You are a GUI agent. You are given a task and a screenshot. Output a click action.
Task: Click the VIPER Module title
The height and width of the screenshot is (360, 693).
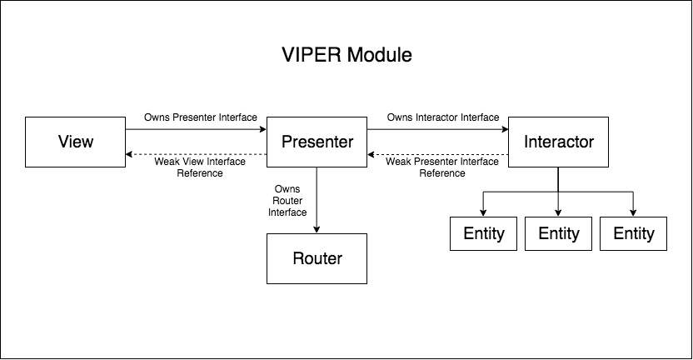[346, 57]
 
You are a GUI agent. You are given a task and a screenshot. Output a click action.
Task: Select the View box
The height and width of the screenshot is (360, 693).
[75, 142]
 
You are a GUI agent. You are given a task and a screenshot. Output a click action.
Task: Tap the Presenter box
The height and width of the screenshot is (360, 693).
[317, 142]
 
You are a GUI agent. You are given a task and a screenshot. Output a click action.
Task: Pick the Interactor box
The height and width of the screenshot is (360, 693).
[558, 142]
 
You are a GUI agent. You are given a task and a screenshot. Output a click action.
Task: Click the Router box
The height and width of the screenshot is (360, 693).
[317, 258]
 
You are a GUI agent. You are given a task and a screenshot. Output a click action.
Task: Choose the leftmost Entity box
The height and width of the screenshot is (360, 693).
[483, 233]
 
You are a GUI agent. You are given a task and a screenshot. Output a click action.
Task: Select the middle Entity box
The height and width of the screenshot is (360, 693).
[558, 233]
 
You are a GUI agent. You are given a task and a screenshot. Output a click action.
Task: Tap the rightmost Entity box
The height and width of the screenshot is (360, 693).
[633, 233]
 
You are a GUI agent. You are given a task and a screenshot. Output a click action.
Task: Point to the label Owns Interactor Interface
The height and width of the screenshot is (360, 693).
[442, 117]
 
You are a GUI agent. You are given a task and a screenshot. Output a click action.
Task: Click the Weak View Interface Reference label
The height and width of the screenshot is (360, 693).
[200, 167]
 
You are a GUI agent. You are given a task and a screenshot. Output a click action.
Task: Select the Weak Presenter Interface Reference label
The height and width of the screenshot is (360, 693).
[441, 167]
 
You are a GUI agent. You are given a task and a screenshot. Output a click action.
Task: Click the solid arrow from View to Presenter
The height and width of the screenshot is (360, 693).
[196, 130]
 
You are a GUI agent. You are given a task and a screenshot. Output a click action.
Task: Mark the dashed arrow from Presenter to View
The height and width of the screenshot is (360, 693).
[196, 154]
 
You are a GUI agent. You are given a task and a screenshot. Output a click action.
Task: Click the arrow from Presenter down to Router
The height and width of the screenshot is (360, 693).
[317, 200]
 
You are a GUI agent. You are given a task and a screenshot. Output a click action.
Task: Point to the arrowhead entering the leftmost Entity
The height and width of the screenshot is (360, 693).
[483, 212]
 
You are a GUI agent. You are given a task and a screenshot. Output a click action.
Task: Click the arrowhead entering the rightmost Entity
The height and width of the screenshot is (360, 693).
[633, 212]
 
